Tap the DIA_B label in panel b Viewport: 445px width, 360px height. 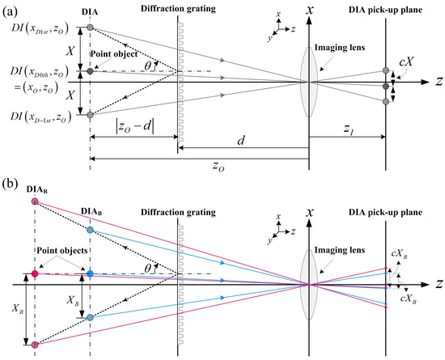click(91, 211)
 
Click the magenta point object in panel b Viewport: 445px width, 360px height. click(34, 274)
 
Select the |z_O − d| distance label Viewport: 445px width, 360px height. click(132, 127)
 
